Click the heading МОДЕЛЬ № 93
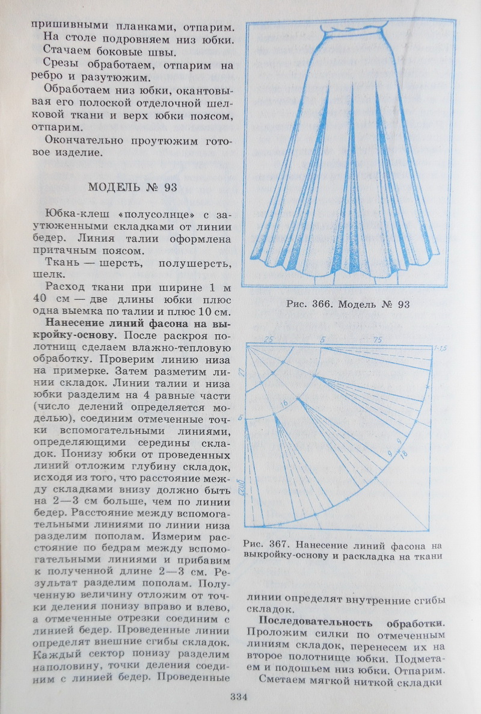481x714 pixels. point(132,186)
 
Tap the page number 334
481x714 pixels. point(239,697)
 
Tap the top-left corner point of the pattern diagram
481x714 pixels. point(247,345)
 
